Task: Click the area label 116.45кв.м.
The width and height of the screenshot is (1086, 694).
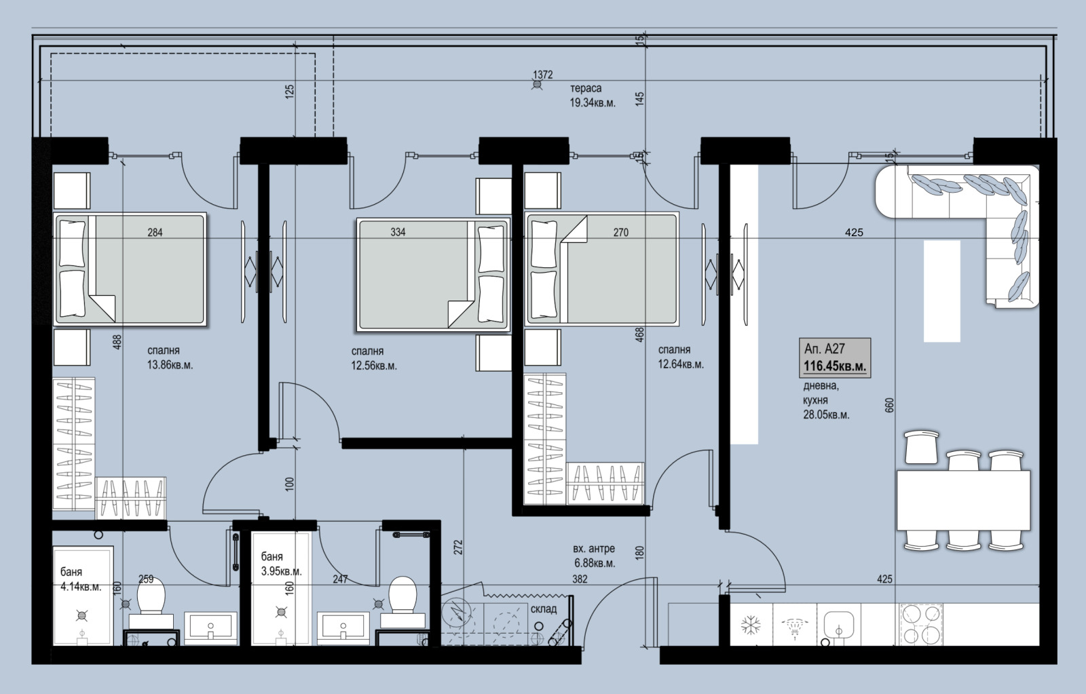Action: point(835,367)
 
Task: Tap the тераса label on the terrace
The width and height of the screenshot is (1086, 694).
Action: point(585,88)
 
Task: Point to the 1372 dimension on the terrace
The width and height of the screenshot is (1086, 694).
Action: point(543,75)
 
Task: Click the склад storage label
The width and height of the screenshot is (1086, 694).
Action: point(544,609)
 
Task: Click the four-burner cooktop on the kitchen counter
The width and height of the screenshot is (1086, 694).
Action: point(921,625)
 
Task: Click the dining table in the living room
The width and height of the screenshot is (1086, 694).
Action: point(963,500)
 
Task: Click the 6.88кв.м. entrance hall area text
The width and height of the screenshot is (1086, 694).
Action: point(594,564)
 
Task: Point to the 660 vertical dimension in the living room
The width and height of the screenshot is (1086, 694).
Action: point(890,405)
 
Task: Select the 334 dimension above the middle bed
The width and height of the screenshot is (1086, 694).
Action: point(398,232)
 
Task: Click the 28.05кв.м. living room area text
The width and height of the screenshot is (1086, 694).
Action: point(826,415)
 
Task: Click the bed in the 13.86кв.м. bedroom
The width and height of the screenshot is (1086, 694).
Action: point(130,269)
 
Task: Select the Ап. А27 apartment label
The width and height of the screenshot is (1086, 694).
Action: point(824,349)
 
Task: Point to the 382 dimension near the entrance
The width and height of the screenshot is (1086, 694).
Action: point(579,579)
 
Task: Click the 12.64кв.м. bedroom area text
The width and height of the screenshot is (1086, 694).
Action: point(681,364)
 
